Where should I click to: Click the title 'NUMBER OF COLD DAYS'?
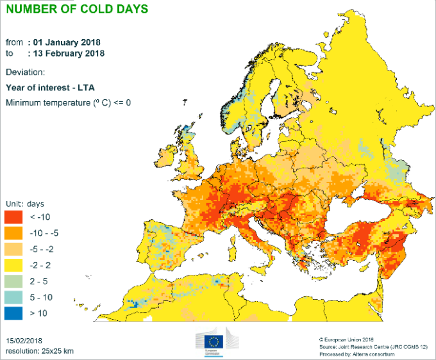pos(76,9)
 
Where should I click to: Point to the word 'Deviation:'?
pos(25,72)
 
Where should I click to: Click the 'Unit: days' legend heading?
pos(25,204)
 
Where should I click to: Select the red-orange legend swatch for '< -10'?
pos(15,218)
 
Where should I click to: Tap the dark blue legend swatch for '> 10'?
pos(15,313)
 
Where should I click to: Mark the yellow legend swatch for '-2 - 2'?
pos(15,265)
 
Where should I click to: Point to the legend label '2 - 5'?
pos(39,281)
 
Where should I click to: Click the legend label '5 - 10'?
pos(41,297)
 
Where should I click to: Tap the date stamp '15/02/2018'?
pos(24,340)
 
